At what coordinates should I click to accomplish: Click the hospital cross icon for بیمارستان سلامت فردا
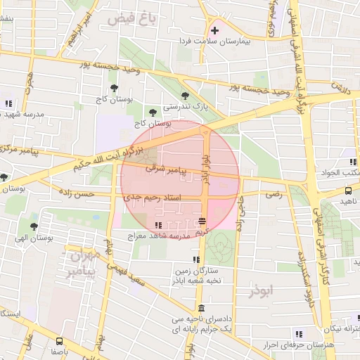pos(214,30)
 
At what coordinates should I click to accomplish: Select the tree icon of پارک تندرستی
pos(185,96)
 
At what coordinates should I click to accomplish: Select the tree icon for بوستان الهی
pos(34,226)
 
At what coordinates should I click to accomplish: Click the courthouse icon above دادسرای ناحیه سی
pos(202,308)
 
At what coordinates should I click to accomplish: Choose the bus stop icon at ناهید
pos(349,190)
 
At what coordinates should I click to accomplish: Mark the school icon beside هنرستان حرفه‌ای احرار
pos(299,334)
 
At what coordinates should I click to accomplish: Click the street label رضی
pos(274,194)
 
